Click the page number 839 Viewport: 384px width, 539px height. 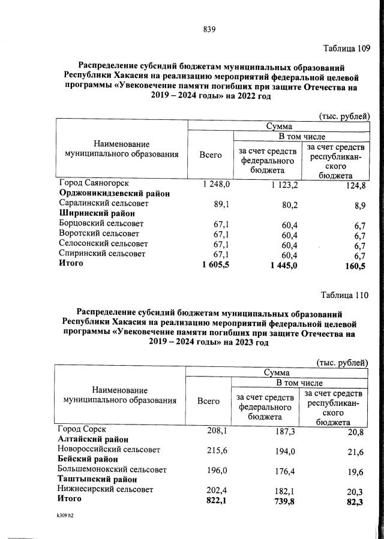[x=209, y=29]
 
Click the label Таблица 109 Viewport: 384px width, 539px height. [x=346, y=48]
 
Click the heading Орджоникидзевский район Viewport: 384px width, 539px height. [x=114, y=193]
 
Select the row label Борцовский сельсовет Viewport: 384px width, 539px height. [x=98, y=224]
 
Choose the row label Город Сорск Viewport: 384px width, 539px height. [x=82, y=429]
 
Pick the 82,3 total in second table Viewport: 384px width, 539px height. [x=354, y=501]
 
